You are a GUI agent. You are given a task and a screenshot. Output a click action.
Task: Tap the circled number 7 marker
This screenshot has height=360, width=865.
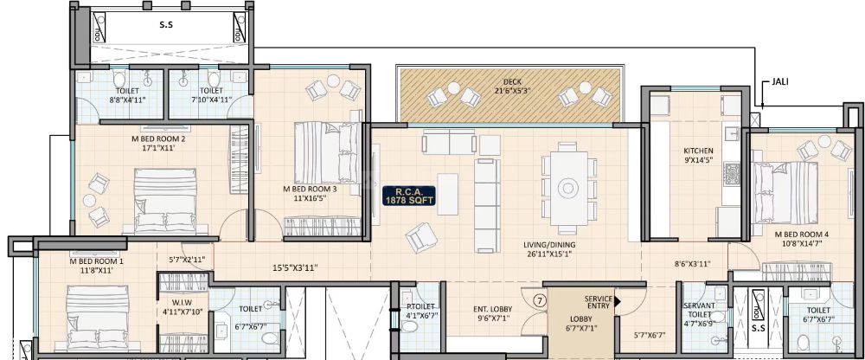tap(539, 301)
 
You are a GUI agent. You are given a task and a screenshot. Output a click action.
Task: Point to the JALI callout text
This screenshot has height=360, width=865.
tap(776, 83)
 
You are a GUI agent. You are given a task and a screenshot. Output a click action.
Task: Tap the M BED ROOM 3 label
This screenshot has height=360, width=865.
tap(310, 192)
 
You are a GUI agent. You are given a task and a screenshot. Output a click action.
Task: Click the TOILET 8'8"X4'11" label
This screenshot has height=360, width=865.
tap(127, 94)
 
